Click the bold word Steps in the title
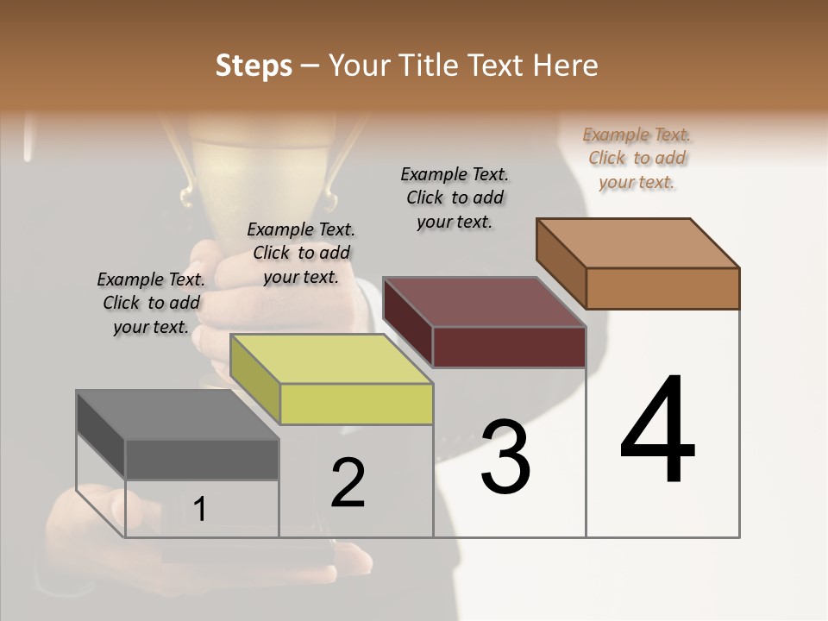tap(254, 66)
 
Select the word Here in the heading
tap(566, 66)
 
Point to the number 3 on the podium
tap(505, 457)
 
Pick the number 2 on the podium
tap(348, 483)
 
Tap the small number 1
tap(200, 509)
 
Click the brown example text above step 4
tap(637, 158)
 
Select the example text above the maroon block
tap(455, 198)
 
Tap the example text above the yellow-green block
tap(301, 253)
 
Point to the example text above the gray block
tap(151, 303)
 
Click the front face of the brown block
tap(662, 288)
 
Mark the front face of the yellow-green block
tap(356, 404)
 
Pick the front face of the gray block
tap(202, 460)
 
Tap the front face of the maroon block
tap(509, 347)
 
